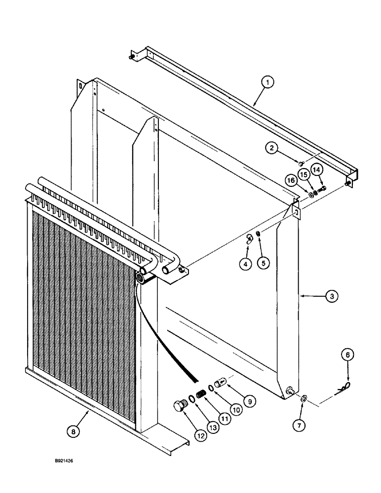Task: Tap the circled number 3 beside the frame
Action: pos(331,297)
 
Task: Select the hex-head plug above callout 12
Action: pos(178,405)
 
